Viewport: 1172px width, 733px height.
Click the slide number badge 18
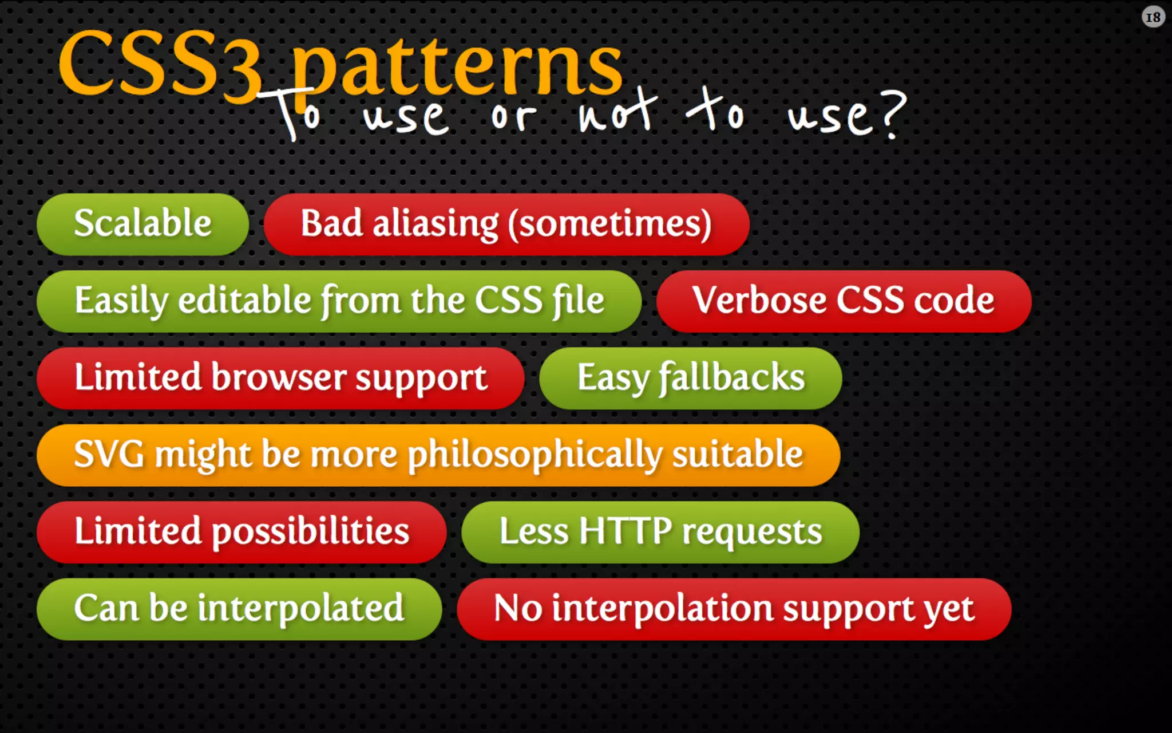click(x=1153, y=17)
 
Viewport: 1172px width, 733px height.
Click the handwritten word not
click(x=617, y=112)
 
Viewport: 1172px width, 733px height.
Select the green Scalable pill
click(x=142, y=224)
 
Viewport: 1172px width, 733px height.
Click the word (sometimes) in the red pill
click(x=610, y=224)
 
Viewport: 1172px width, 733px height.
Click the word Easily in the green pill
click(x=121, y=301)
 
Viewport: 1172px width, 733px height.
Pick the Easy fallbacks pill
click(x=690, y=378)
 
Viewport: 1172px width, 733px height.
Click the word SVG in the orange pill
click(x=109, y=455)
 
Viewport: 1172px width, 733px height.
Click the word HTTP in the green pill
click(x=625, y=531)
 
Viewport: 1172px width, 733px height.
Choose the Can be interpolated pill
click(x=239, y=609)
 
